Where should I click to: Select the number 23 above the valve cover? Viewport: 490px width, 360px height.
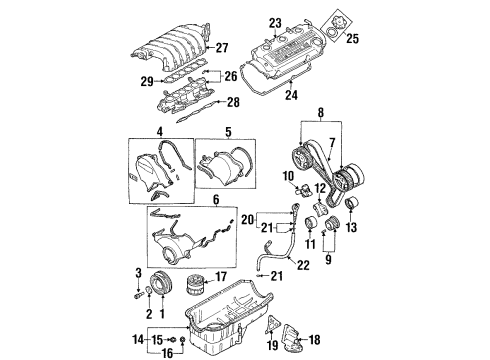[x=276, y=21]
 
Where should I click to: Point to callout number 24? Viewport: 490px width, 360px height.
[x=291, y=96]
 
